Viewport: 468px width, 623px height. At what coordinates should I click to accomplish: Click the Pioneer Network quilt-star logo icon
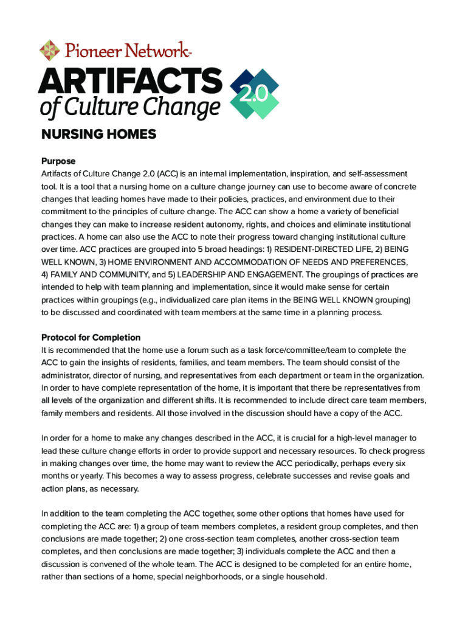50,50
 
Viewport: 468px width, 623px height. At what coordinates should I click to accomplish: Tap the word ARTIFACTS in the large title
131,81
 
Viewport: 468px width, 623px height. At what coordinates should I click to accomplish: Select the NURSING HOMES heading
98,134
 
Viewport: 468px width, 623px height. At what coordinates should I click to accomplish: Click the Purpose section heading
58,161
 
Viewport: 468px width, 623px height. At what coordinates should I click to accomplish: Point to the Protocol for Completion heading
91,337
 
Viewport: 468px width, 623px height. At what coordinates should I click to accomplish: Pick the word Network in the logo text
154,50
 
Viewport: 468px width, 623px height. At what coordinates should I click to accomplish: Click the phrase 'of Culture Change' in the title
129,109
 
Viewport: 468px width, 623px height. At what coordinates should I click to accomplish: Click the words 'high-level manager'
373,438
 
